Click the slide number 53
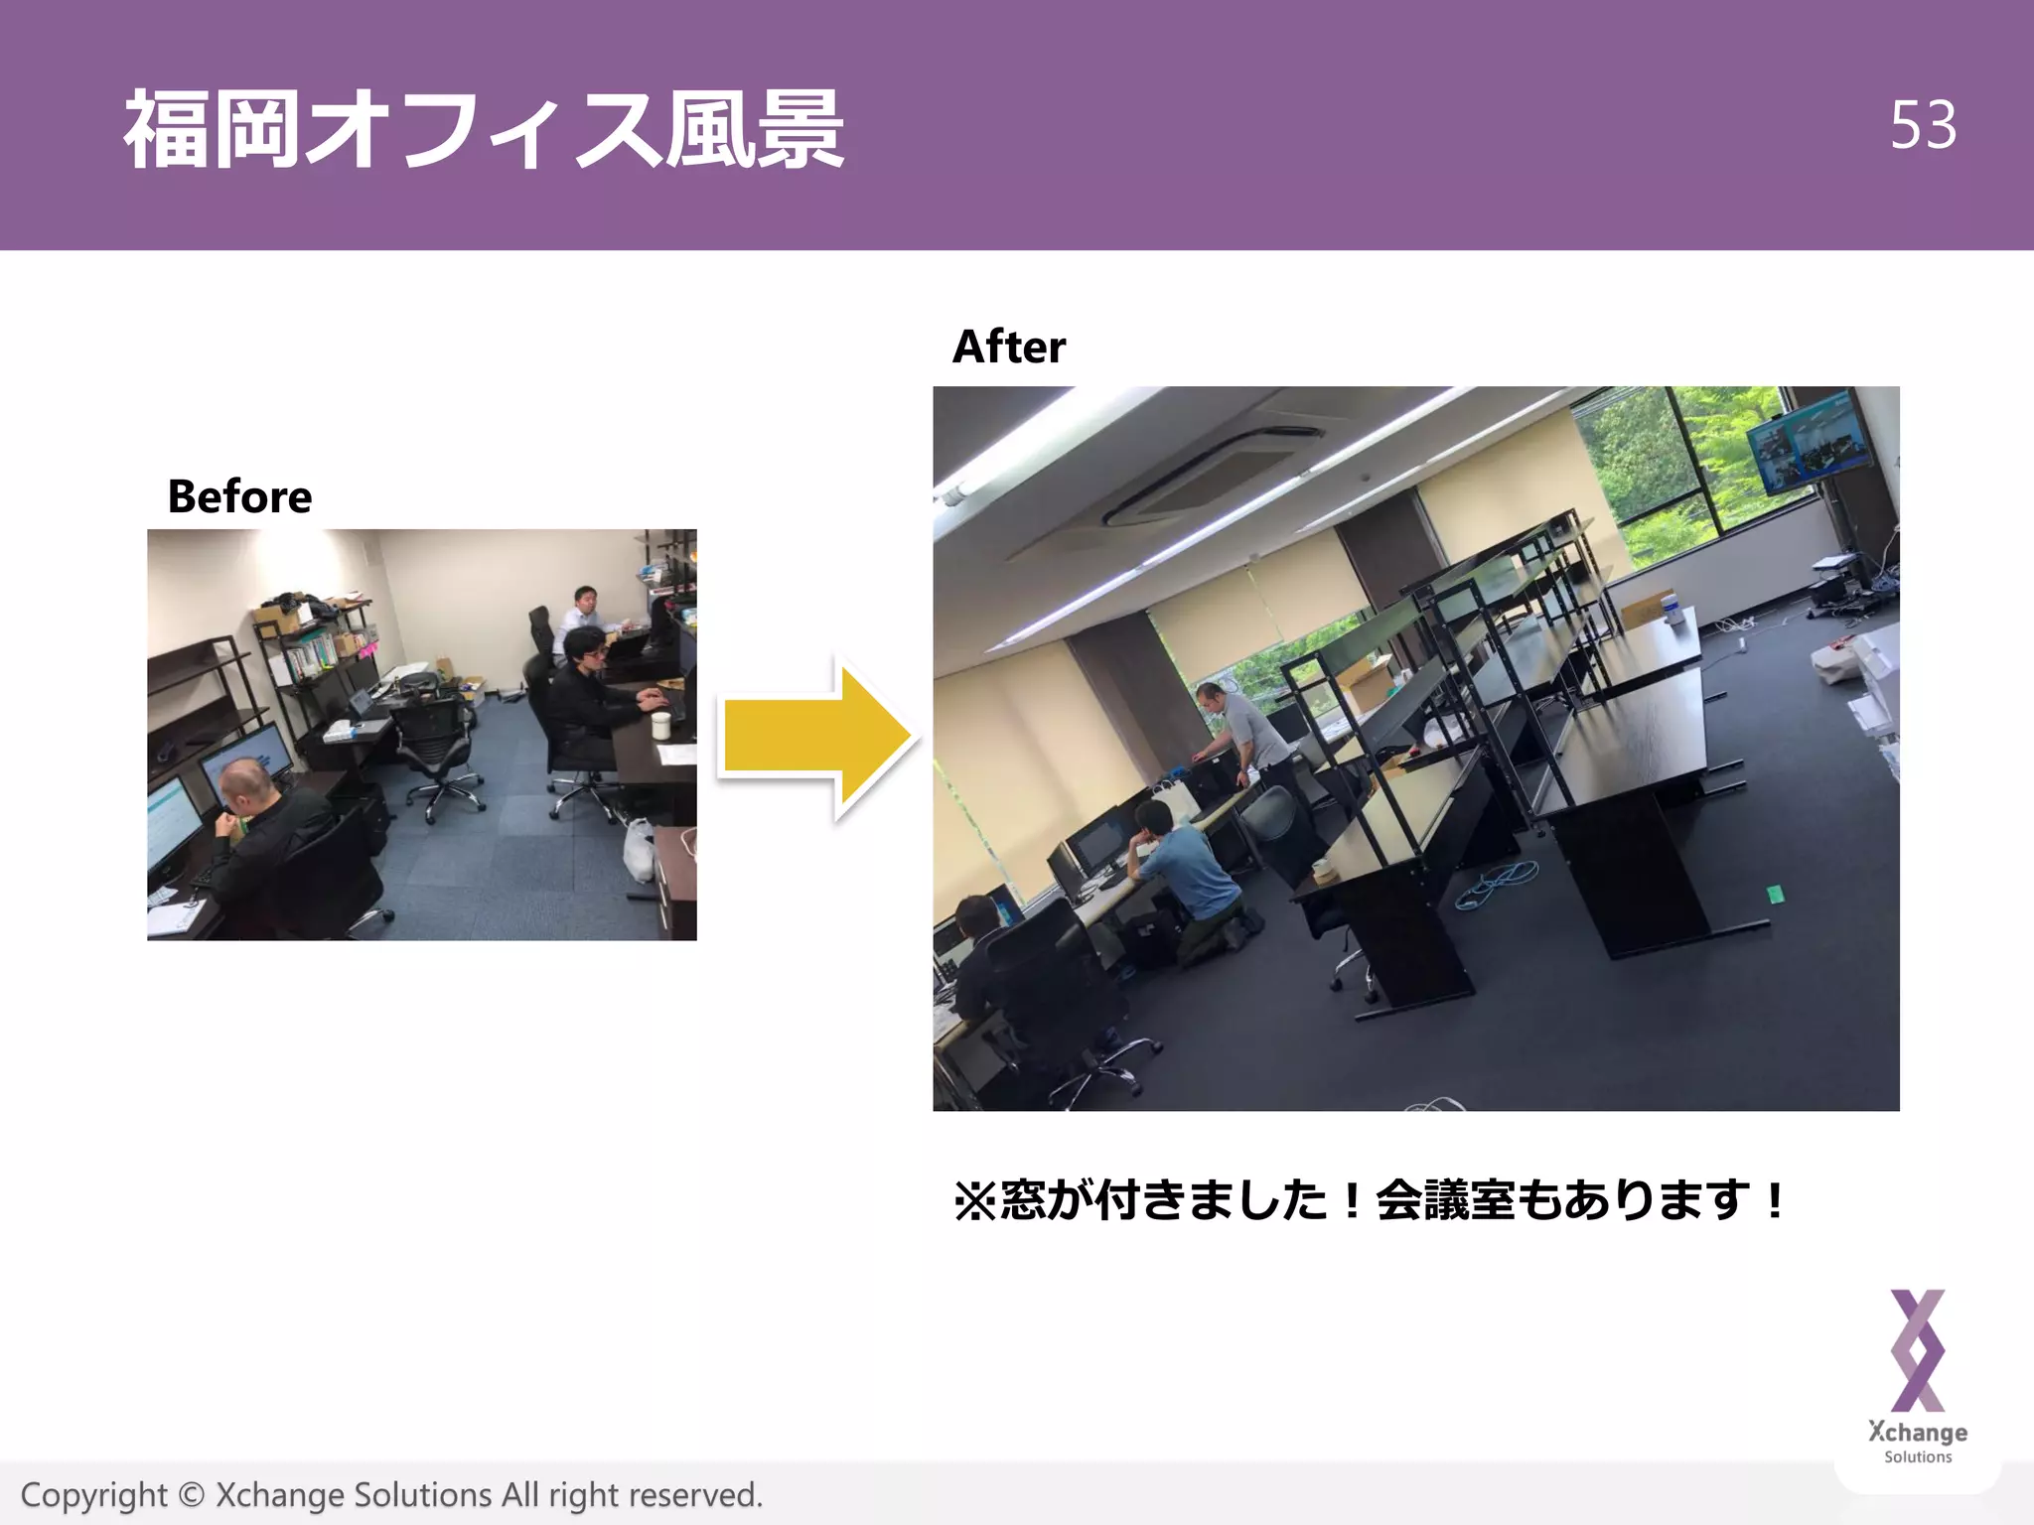(x=1923, y=125)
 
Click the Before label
(x=239, y=496)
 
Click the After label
(x=1008, y=347)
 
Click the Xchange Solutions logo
(x=1917, y=1375)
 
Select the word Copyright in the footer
(x=94, y=1495)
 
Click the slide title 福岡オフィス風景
(x=484, y=129)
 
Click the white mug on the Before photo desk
(x=660, y=725)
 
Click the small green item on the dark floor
(x=1775, y=895)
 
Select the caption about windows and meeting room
(x=1371, y=1200)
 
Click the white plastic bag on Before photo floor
(x=639, y=849)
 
